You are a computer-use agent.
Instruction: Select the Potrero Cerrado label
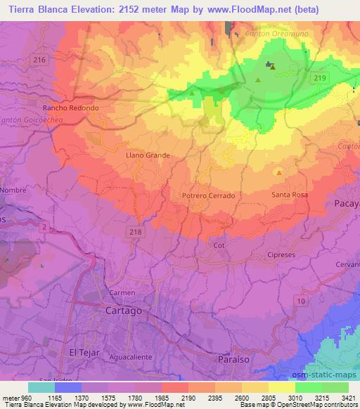tap(207, 195)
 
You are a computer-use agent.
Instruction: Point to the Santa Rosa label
tap(289, 194)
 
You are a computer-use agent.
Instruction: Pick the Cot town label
tap(218, 245)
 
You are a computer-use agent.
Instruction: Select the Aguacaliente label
tap(131, 357)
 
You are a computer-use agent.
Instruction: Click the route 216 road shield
tap(39, 60)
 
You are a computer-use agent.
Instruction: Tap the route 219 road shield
tap(321, 77)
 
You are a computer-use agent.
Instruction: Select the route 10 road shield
tap(302, 301)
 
